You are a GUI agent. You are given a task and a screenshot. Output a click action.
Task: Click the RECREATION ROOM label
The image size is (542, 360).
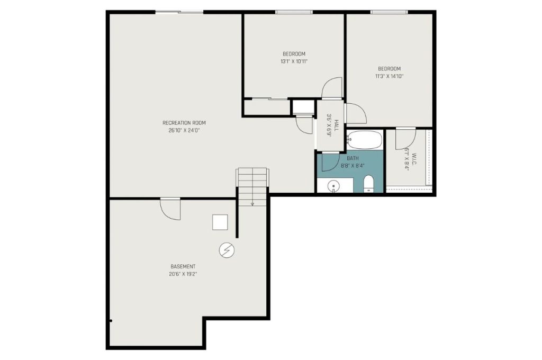(x=184, y=123)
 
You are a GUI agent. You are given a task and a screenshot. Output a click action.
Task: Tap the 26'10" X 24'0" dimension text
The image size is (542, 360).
(x=184, y=130)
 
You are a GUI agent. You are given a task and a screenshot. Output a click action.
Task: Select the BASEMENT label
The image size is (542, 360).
(x=183, y=266)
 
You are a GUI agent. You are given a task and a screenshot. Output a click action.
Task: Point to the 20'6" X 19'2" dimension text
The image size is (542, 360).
(x=183, y=274)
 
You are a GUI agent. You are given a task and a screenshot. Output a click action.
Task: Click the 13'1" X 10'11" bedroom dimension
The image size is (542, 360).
(x=294, y=61)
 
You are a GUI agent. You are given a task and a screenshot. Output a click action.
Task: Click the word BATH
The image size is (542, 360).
(x=353, y=158)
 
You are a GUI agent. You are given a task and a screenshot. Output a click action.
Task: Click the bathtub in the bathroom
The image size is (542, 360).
(x=365, y=140)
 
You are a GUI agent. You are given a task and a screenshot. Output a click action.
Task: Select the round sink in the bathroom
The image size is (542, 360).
(x=333, y=186)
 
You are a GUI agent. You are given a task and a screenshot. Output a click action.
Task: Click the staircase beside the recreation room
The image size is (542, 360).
(x=252, y=185)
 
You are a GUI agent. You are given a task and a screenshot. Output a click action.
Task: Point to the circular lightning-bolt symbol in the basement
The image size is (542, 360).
(x=227, y=250)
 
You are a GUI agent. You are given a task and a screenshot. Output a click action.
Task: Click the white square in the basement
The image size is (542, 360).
(x=220, y=222)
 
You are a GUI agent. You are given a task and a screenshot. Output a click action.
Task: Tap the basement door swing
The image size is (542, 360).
(x=171, y=209)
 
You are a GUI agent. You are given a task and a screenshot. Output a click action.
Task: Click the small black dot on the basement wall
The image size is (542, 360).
(x=111, y=321)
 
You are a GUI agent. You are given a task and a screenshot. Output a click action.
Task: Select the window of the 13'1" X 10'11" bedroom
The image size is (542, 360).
(x=294, y=12)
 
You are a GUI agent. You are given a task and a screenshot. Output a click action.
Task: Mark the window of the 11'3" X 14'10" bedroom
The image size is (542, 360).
(x=389, y=12)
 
